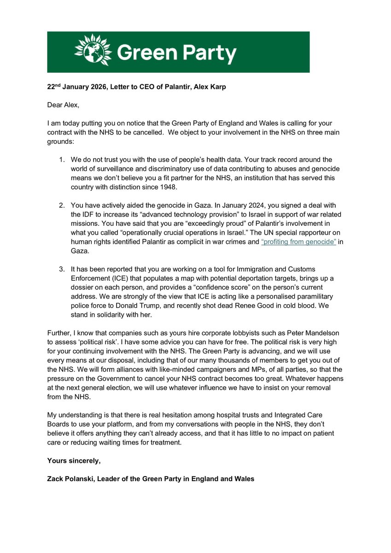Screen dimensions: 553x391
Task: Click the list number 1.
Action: coord(62,159)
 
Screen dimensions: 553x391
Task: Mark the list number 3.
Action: coord(62,269)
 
